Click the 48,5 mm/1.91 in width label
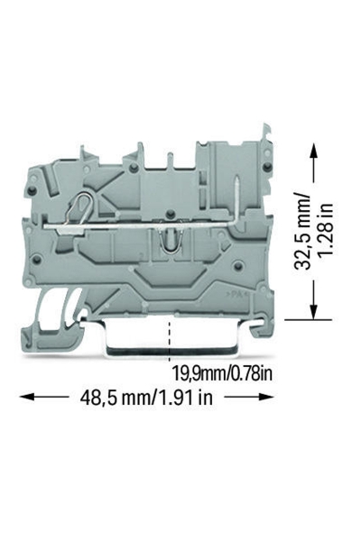(146, 398)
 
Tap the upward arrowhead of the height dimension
(313, 151)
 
